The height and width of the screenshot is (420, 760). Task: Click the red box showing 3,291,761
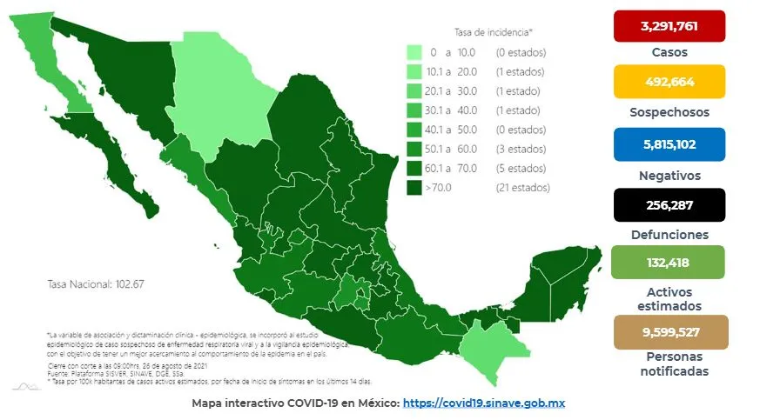[669, 26]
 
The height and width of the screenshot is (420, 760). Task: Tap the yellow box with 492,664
[669, 81]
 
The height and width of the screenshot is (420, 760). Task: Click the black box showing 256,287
[669, 205]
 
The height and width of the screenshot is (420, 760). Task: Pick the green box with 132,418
[669, 262]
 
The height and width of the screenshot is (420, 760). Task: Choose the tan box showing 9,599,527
[669, 331]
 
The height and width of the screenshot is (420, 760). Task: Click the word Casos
[669, 52]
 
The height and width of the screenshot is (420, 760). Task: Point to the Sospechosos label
[669, 112]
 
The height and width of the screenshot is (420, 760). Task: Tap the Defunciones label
[669, 235]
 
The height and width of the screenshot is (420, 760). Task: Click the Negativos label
[669, 175]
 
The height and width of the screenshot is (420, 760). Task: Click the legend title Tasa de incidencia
[493, 32]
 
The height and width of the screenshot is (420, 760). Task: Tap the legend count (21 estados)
[522, 187]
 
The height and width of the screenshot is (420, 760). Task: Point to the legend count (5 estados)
[522, 168]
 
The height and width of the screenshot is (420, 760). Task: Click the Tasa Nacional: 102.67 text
[88, 284]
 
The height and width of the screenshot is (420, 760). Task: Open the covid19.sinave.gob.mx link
[493, 403]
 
